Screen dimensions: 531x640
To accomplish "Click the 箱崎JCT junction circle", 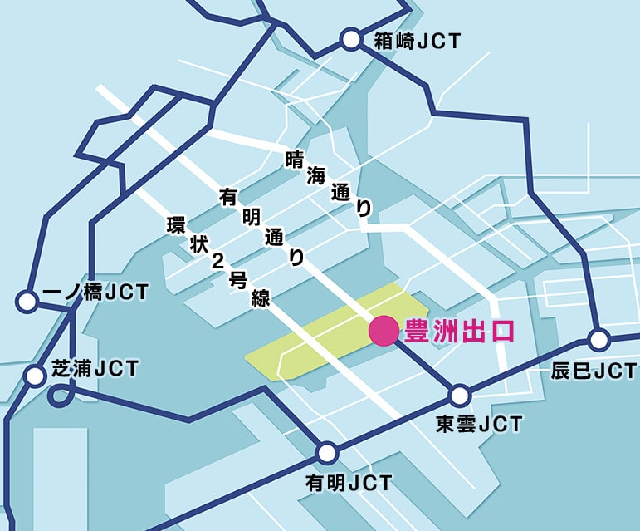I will [351, 39].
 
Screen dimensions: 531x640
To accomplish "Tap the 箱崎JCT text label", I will [417, 39].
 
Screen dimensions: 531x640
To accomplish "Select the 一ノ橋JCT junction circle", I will [28, 301].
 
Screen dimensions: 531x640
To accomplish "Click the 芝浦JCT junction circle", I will [35, 376].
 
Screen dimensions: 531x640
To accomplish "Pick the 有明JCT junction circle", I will [328, 453].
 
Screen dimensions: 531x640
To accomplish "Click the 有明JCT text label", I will [348, 483].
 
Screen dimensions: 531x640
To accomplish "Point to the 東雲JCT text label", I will [480, 424].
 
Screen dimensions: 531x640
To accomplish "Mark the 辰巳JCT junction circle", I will [598, 339].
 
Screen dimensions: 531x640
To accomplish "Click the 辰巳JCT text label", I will [594, 371].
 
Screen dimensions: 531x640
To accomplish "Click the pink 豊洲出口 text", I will [458, 331].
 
